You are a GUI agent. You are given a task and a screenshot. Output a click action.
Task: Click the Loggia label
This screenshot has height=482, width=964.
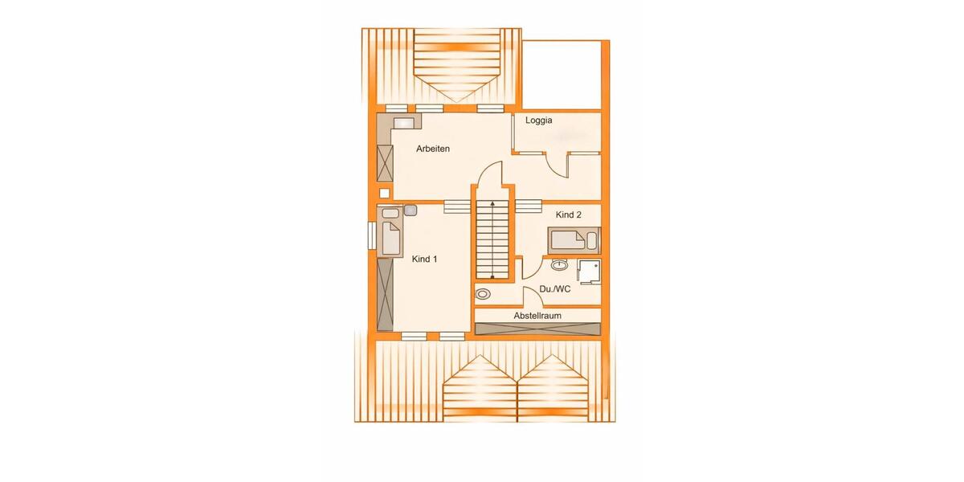click(539, 121)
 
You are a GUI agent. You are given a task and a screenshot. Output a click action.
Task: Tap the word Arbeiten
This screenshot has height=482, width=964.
click(432, 149)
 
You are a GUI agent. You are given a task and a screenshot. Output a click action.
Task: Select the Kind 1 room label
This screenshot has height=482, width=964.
click(424, 259)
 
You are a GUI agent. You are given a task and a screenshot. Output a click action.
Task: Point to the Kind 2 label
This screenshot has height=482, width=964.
click(569, 215)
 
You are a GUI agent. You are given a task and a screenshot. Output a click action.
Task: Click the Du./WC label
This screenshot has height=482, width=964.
click(555, 288)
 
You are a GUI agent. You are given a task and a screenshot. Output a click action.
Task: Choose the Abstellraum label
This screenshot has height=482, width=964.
click(537, 316)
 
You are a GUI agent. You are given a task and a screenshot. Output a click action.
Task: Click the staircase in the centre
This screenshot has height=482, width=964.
click(492, 239)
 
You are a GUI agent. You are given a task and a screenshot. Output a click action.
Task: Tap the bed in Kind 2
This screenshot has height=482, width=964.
click(573, 239)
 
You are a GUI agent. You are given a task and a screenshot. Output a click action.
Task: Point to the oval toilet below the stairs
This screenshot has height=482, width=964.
click(483, 294)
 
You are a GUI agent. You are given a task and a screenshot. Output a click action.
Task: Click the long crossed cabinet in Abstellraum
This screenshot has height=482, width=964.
click(537, 328)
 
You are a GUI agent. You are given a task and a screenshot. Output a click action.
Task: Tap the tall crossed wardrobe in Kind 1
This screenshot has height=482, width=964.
click(385, 294)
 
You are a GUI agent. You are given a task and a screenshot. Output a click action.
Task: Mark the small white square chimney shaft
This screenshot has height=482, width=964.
click(384, 193)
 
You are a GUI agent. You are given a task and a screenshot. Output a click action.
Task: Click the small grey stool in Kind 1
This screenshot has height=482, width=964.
click(411, 210)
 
